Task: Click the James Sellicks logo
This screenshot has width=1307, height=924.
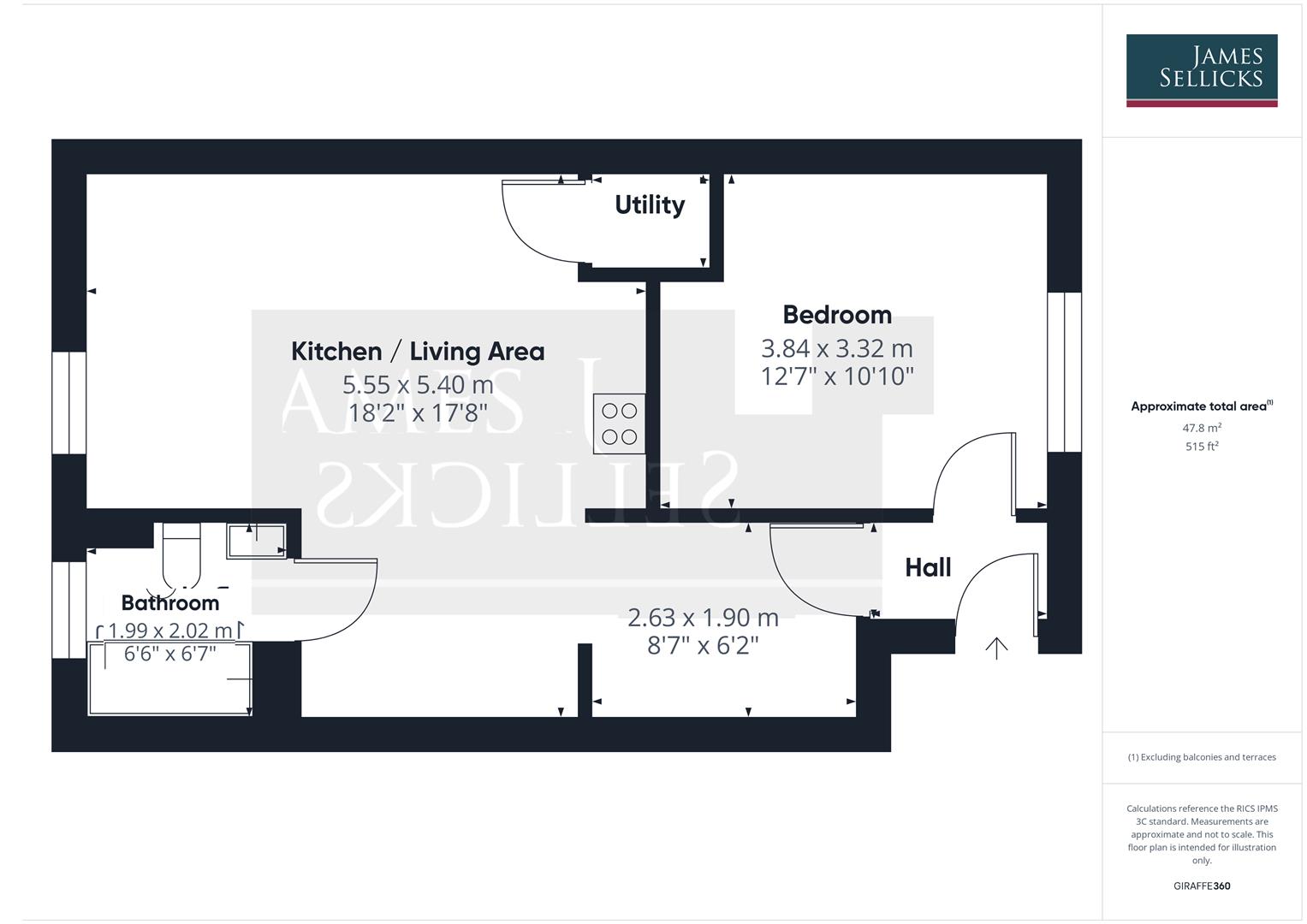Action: coord(1201,70)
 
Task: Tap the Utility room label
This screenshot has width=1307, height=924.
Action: coord(650,205)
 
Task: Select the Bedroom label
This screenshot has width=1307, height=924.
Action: coord(836,315)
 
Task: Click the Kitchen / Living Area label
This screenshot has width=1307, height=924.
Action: coord(418,352)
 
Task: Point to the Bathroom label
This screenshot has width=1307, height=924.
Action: coord(170,603)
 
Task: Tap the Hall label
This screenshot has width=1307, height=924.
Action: coord(928,568)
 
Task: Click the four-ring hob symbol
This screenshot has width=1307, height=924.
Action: coord(619,424)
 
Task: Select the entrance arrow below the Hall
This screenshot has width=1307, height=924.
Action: coord(996,648)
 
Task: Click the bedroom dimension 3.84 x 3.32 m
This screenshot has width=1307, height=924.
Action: coord(836,349)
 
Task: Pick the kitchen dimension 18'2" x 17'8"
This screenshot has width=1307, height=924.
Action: coord(418,413)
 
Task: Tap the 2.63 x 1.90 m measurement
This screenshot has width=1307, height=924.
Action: coord(703,618)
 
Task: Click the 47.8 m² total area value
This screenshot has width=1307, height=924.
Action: coord(1201,428)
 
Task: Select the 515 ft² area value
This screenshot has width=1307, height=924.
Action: coord(1201,447)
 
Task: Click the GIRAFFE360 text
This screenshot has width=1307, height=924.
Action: coord(1201,885)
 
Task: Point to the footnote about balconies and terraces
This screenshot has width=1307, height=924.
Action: coord(1201,757)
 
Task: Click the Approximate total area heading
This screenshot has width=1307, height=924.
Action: coord(1201,406)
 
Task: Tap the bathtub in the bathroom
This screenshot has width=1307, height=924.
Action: coord(169,678)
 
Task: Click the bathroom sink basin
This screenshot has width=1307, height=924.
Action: coord(256,541)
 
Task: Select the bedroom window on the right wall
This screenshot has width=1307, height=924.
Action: coord(1064,372)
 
